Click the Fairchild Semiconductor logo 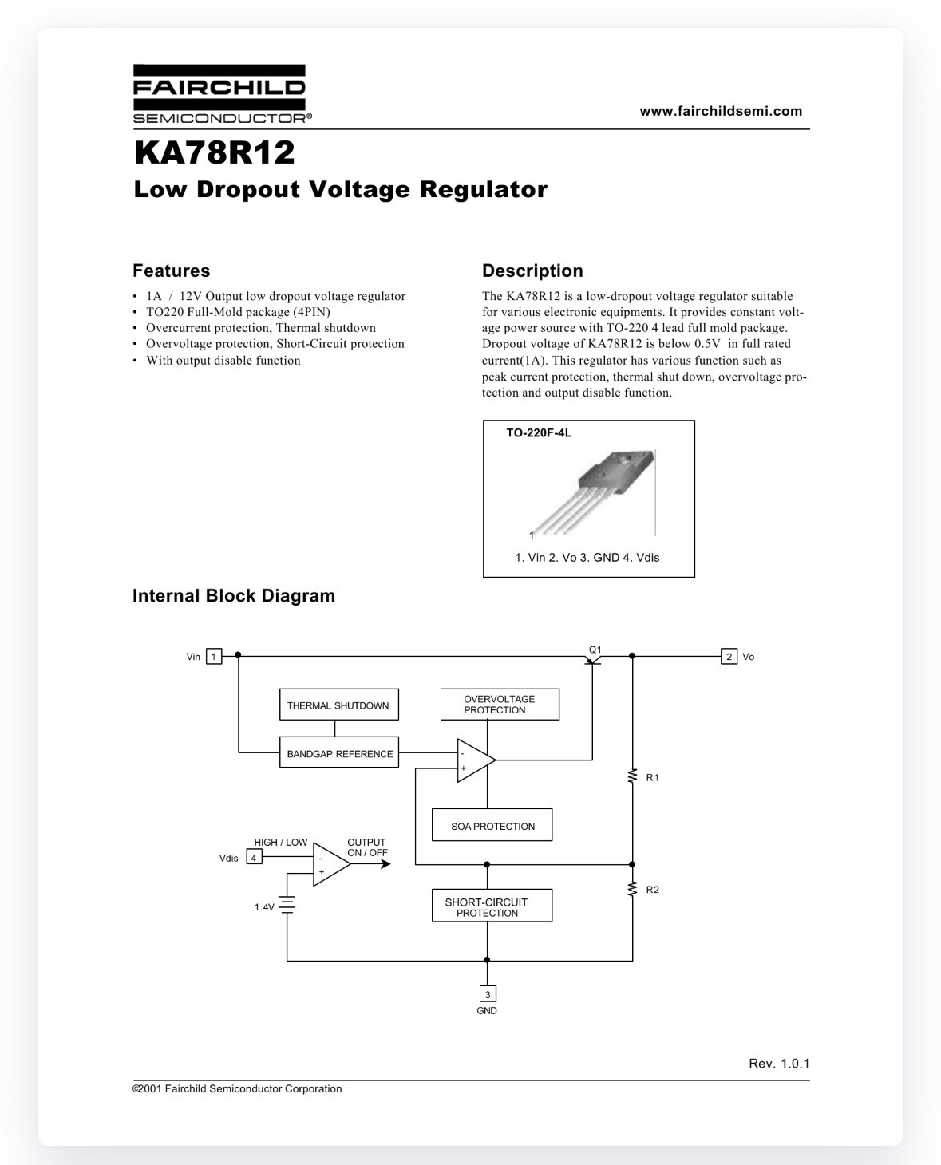(x=222, y=94)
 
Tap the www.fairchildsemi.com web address (x=721, y=111)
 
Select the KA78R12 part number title (x=215, y=152)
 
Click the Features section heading (x=172, y=271)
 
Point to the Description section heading (x=532, y=271)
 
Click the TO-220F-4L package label (x=539, y=433)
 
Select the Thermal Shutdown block (x=338, y=705)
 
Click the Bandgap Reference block (x=338, y=752)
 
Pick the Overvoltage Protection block (x=500, y=705)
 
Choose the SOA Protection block (x=492, y=825)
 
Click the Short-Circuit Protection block (x=492, y=906)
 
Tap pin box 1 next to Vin (x=214, y=657)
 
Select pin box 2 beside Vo (x=729, y=657)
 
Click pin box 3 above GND (x=488, y=993)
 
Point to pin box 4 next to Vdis (x=254, y=857)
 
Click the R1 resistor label (x=652, y=778)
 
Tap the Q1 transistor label (x=595, y=650)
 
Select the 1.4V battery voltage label (x=264, y=907)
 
